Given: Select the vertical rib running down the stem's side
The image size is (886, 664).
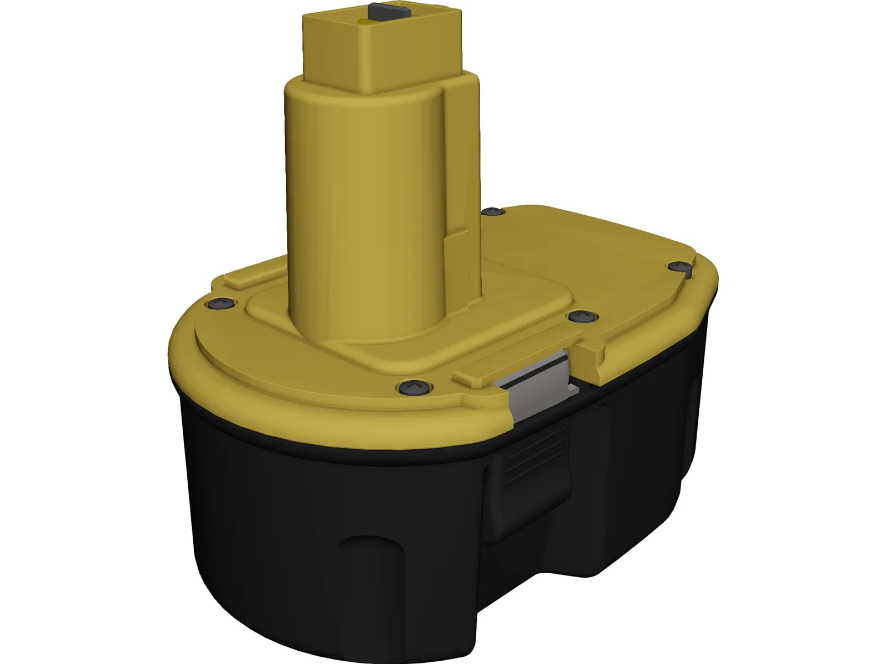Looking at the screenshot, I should point(457,166).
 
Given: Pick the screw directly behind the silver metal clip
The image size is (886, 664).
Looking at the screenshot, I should point(581,316).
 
